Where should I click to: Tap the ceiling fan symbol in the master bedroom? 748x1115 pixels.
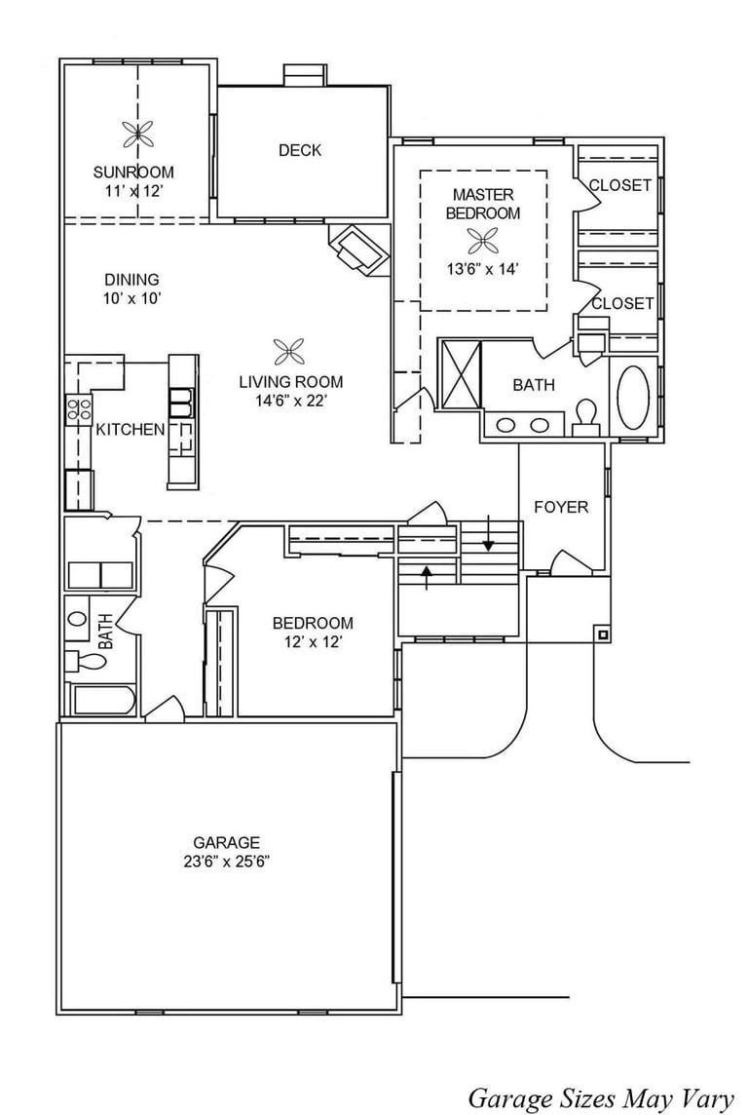click(482, 242)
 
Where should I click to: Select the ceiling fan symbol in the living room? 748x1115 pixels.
click(289, 351)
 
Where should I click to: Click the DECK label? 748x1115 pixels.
click(300, 150)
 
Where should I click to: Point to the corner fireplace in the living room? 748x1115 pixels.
click(359, 250)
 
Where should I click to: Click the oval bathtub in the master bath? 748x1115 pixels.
click(633, 397)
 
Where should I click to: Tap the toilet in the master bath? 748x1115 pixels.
click(586, 417)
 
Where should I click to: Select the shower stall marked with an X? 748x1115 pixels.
click(461, 374)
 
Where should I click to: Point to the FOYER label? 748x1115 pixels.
click(561, 507)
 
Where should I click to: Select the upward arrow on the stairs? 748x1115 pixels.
click(427, 577)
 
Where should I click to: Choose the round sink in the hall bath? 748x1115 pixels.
click(78, 617)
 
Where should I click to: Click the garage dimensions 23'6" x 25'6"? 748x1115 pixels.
click(227, 862)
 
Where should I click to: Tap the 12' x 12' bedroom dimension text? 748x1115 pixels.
click(313, 642)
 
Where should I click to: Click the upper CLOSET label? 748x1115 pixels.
click(620, 185)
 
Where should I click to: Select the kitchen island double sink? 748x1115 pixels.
click(180, 402)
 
